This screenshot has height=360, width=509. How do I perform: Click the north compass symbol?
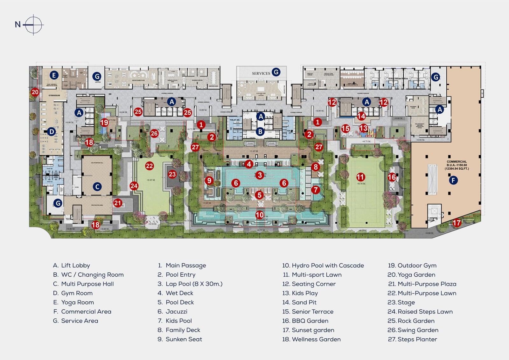pos(33,25)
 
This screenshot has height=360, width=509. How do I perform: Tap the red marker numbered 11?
pos(360,177)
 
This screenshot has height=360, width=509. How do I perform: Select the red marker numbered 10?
pos(260,215)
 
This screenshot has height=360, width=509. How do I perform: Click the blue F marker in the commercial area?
pos(453,180)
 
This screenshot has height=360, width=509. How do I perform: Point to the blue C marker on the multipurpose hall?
pos(97,187)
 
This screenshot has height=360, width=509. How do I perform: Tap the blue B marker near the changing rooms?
pos(260,131)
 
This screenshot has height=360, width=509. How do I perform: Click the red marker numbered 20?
pos(35,92)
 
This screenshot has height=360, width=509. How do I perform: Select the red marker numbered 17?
pos(457,223)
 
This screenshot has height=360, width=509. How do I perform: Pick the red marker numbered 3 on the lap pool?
pos(260,175)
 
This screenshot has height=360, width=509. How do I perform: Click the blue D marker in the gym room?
pos(52,131)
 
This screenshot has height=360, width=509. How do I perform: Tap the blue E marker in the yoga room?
pos(54,75)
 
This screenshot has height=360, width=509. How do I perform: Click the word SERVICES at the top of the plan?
pos(261,73)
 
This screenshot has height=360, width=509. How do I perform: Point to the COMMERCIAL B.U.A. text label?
pos(457,165)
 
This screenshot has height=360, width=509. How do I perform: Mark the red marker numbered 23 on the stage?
pos(172,174)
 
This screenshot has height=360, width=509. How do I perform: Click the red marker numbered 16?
pos(392,177)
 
